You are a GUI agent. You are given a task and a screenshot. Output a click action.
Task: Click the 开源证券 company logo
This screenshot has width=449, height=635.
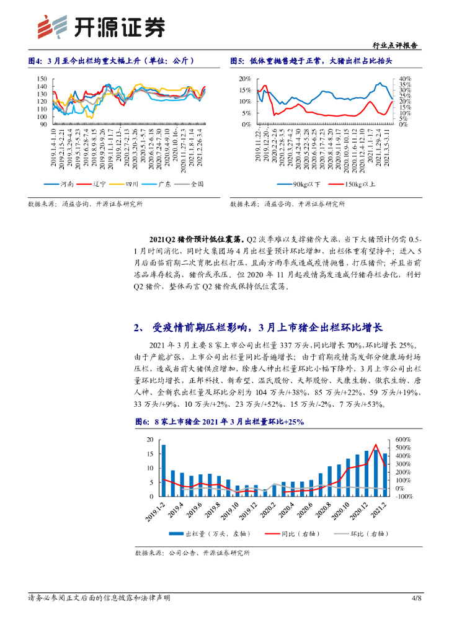pos(102,27)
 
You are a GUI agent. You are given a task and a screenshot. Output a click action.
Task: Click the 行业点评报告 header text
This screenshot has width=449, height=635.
pos(396,46)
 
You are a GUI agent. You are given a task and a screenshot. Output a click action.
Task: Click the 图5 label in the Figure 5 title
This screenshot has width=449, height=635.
pos(237,61)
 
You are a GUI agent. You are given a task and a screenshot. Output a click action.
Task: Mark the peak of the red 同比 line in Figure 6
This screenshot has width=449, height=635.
pos(376,445)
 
